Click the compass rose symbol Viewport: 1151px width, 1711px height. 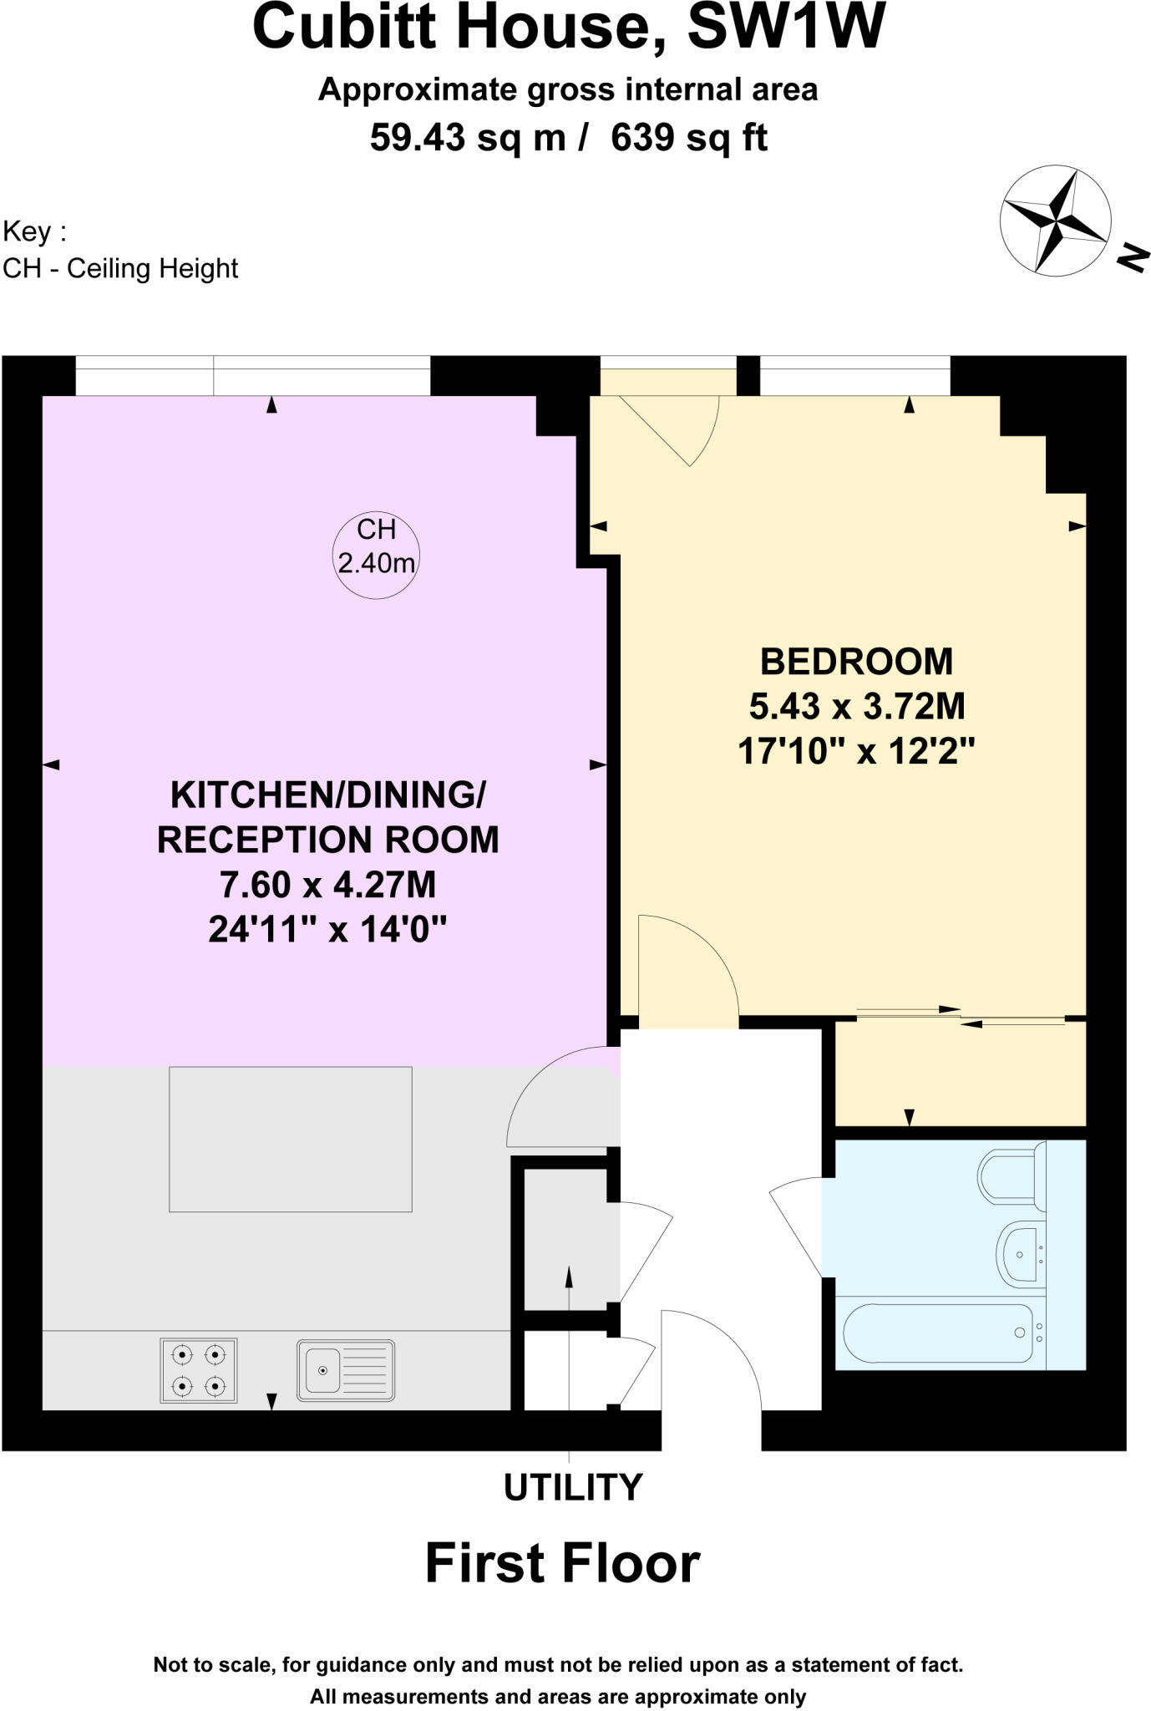[x=1055, y=221]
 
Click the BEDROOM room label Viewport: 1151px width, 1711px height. [x=856, y=661]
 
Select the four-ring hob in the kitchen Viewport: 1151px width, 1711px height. [x=198, y=1369]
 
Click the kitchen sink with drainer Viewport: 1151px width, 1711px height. [x=345, y=1370]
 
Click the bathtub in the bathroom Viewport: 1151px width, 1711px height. [x=939, y=1333]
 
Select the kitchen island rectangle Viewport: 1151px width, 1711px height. [x=290, y=1139]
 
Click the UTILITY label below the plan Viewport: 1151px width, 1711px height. [x=572, y=1488]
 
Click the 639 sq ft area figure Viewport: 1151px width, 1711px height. [x=688, y=137]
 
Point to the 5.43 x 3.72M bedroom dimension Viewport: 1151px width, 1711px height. [x=856, y=706]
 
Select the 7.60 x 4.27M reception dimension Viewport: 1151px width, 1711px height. [x=327, y=884]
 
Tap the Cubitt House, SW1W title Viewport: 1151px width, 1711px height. [x=569, y=27]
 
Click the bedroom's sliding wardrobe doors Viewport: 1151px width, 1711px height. [x=961, y=1014]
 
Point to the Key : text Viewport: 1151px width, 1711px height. [x=34, y=231]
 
